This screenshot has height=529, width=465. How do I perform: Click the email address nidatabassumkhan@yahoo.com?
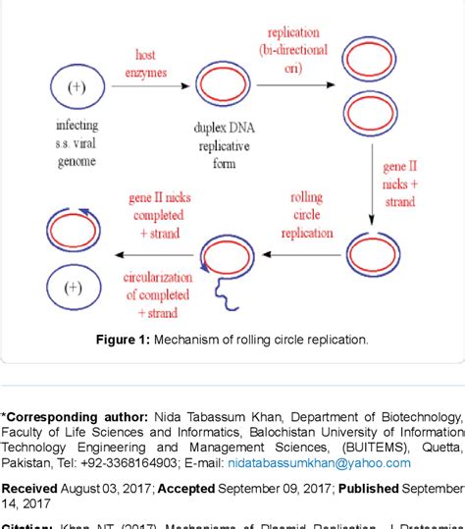307,462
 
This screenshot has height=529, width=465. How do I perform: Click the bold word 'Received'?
29,488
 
